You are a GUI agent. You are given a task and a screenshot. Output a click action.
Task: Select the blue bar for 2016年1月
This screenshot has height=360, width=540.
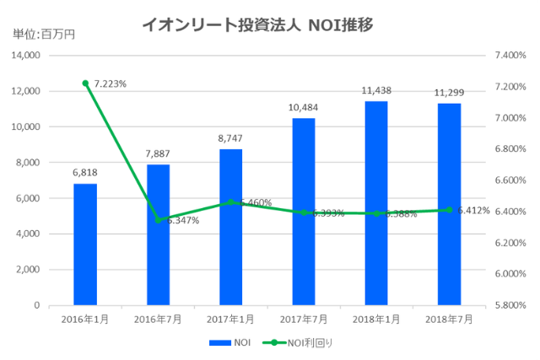point(85,244)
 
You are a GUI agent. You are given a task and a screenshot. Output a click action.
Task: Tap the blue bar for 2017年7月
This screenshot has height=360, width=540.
point(304,211)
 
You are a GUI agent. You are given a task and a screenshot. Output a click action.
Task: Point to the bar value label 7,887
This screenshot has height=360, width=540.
point(158,153)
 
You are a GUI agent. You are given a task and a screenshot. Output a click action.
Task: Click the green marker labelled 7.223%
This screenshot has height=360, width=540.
point(85,83)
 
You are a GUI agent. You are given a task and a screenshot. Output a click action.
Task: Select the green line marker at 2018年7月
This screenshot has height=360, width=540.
point(449,210)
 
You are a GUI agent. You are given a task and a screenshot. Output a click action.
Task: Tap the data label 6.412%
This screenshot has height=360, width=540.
point(473,210)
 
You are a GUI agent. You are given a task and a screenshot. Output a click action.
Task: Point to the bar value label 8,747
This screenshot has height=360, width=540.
point(230,137)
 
